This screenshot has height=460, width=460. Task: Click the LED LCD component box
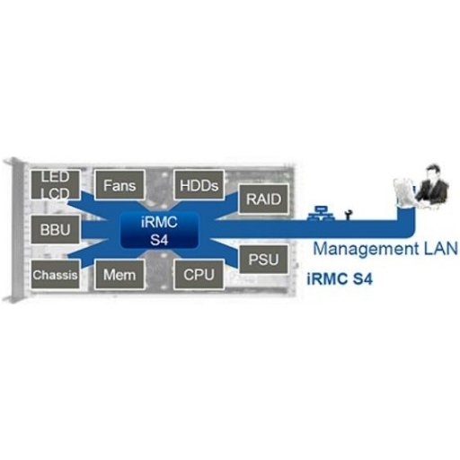(x=56, y=184)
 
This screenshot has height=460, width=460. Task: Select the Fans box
(x=119, y=184)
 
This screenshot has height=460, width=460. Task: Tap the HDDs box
(x=199, y=184)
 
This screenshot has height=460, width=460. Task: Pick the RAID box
(x=263, y=199)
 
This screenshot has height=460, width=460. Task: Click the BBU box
(x=56, y=229)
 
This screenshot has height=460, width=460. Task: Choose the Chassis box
(x=56, y=274)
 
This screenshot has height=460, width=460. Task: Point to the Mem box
(x=119, y=274)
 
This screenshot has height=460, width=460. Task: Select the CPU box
(x=199, y=274)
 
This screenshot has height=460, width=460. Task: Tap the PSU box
(x=263, y=259)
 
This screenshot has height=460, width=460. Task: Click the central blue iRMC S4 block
(x=159, y=230)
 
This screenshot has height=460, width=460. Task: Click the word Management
(x=366, y=249)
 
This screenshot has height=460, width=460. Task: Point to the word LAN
(x=441, y=249)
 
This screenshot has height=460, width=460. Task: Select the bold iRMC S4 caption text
(x=340, y=279)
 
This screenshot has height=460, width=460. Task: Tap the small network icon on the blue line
(x=320, y=213)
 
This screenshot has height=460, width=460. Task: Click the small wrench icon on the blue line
(x=348, y=215)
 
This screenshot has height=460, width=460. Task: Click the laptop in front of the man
(x=403, y=192)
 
